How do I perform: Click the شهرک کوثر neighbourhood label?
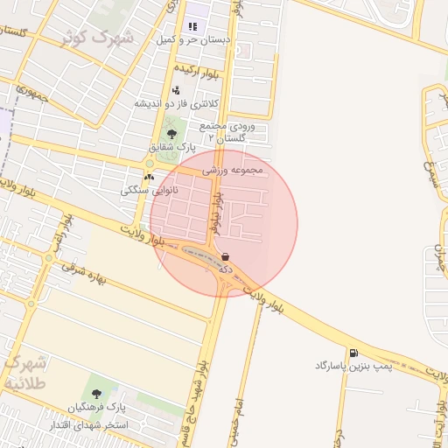97,38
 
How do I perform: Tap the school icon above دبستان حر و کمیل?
192,27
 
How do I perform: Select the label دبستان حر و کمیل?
192,39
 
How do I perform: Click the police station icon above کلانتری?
176,90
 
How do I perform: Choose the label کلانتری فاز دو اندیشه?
176,103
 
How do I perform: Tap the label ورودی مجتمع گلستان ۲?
229,132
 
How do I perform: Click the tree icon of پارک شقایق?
171,135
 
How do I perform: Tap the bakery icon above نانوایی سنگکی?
149,176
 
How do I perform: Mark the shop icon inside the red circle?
227,257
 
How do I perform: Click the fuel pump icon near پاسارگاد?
353,353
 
